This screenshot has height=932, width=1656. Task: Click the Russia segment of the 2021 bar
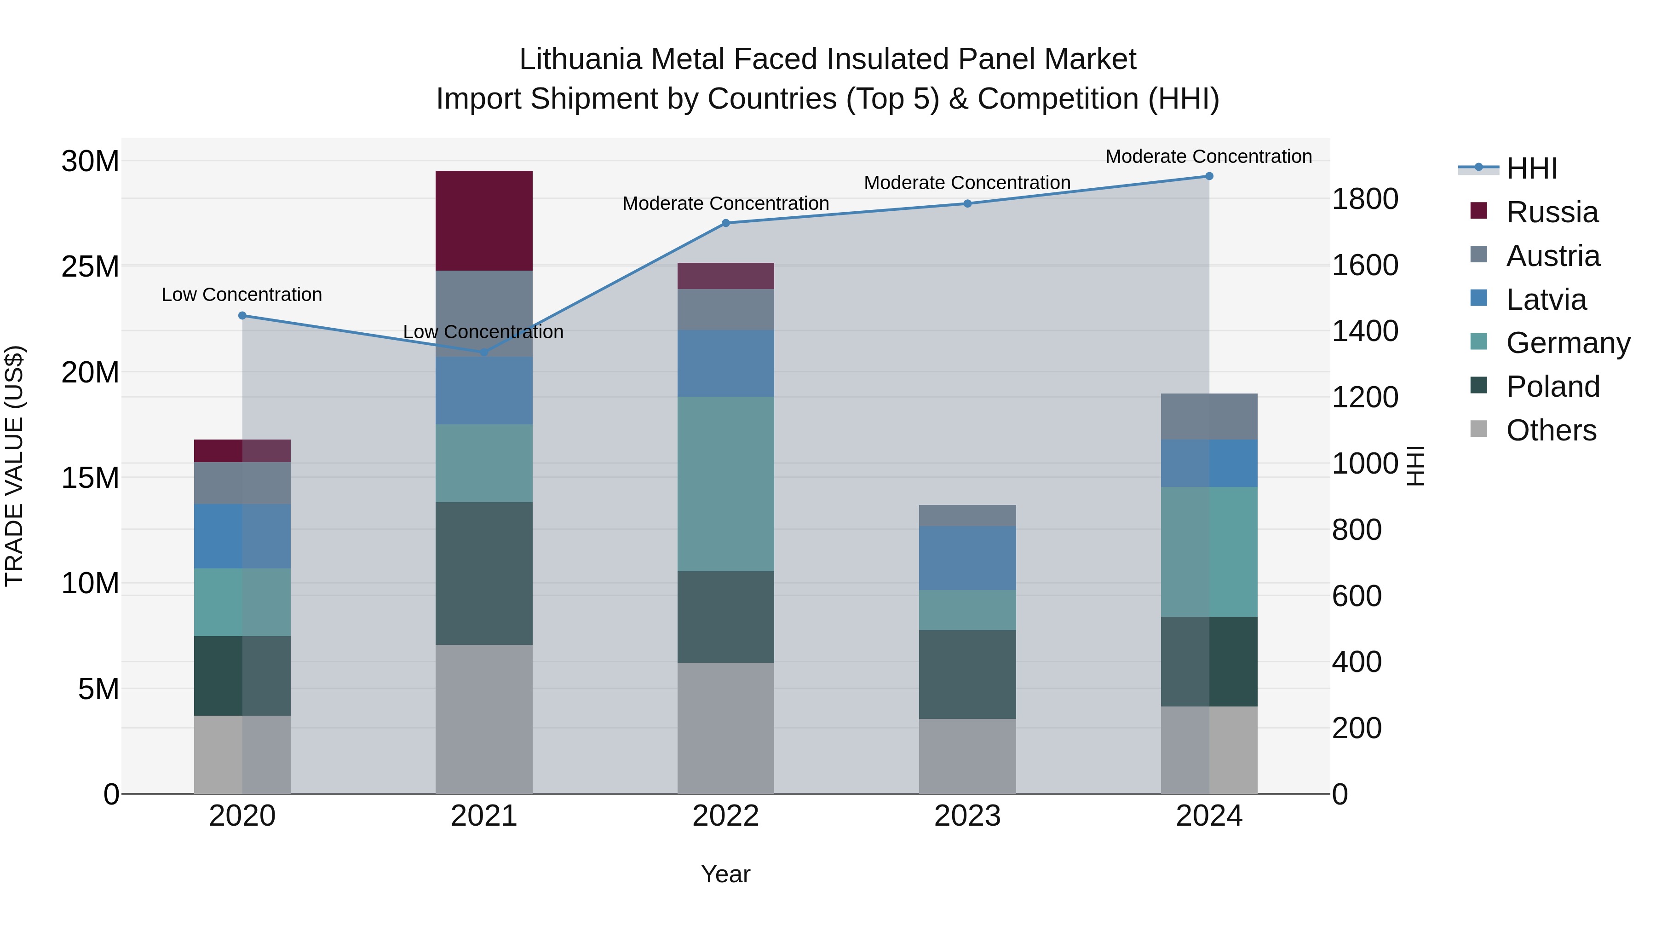tap(483, 220)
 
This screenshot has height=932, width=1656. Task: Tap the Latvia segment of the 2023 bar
tap(967, 558)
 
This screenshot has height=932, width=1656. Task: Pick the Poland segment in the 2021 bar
tap(483, 573)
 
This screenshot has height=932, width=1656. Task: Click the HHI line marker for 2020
tap(242, 316)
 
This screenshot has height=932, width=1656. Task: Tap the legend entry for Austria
tap(1552, 256)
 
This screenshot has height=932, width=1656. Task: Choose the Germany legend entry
tap(1568, 343)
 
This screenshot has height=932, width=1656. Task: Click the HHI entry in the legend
tap(1531, 168)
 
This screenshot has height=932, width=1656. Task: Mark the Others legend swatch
tap(1478, 429)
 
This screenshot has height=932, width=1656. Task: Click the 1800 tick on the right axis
tap(1364, 199)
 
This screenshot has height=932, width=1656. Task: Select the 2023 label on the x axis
tap(967, 816)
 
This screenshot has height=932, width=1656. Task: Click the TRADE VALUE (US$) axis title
tap(14, 466)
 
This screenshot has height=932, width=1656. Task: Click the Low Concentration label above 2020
tap(241, 295)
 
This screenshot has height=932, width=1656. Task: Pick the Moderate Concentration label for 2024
tap(1208, 156)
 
